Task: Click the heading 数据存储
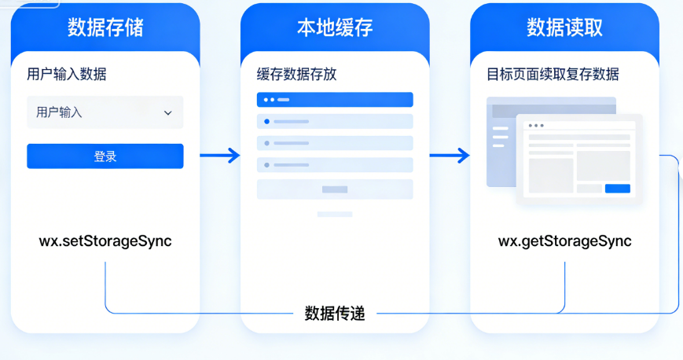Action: click(105, 28)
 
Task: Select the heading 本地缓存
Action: click(335, 28)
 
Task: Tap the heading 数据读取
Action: click(564, 28)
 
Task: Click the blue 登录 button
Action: click(105, 156)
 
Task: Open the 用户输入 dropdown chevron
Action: click(167, 113)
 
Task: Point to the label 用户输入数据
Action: click(67, 75)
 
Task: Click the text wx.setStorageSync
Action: click(105, 241)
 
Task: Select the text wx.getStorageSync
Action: click(564, 241)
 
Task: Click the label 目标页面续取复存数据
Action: click(553, 75)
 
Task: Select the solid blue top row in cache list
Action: click(335, 100)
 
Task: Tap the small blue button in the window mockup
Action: click(617, 189)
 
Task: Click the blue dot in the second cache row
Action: click(267, 121)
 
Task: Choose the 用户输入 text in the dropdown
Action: click(59, 113)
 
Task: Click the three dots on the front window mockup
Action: click(535, 126)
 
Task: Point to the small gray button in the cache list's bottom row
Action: click(335, 189)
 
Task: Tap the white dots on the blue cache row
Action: click(269, 100)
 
